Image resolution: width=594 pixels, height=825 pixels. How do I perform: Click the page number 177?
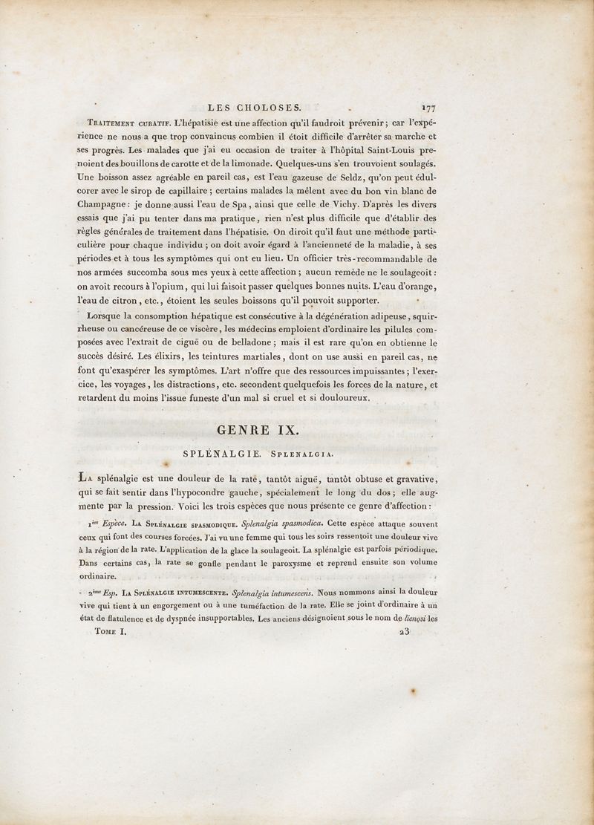click(x=426, y=107)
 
